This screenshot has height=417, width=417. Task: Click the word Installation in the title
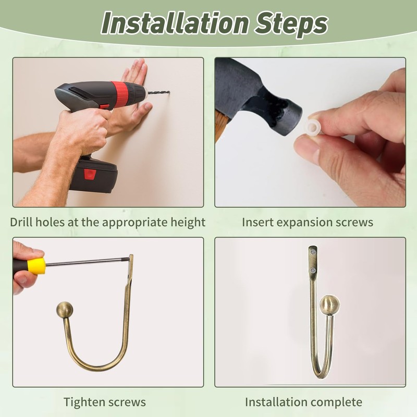(x=176, y=23)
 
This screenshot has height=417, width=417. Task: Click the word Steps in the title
(x=291, y=24)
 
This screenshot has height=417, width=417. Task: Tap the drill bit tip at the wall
(x=169, y=92)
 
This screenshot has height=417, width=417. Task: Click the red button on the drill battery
(x=90, y=175)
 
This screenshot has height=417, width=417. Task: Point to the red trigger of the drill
(x=104, y=107)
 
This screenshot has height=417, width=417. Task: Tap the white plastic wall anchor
(x=313, y=128)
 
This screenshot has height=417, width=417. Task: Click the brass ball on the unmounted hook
(x=65, y=310)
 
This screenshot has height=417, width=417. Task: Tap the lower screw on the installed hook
(x=314, y=271)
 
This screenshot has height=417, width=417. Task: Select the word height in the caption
(x=188, y=223)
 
